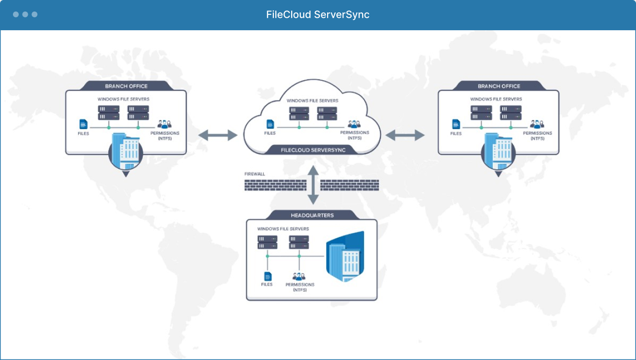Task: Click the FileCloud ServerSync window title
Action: click(x=318, y=14)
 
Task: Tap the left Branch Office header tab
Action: click(x=126, y=86)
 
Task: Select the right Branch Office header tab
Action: click(x=499, y=86)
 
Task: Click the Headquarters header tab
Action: click(x=312, y=215)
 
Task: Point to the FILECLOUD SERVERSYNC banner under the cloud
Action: click(x=313, y=150)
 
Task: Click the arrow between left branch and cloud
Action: click(x=218, y=135)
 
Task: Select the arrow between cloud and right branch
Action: click(x=405, y=135)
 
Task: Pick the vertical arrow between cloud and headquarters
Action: click(x=313, y=185)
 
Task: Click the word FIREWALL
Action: click(x=254, y=174)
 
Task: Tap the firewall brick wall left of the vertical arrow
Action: click(x=275, y=185)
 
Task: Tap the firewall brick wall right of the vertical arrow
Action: click(x=349, y=185)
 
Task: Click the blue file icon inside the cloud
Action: click(x=270, y=124)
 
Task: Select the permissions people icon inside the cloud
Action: click(x=354, y=124)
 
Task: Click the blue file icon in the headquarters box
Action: click(x=267, y=276)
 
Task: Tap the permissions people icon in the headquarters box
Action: click(x=299, y=276)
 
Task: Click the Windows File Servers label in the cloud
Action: click(x=312, y=101)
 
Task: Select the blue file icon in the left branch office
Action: click(x=83, y=124)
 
